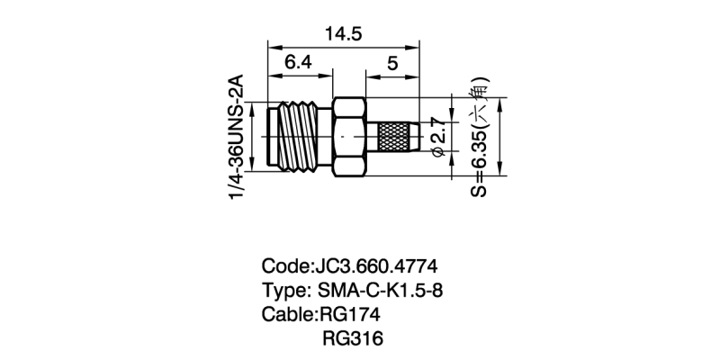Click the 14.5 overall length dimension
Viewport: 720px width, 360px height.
[x=344, y=34]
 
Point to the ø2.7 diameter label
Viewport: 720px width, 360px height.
[x=439, y=138]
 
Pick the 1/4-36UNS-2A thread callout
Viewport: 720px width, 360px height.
[x=238, y=139]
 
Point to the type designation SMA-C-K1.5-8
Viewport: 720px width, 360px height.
[x=381, y=291]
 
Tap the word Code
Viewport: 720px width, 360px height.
[x=283, y=267]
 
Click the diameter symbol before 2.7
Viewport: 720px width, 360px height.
[x=439, y=155]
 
